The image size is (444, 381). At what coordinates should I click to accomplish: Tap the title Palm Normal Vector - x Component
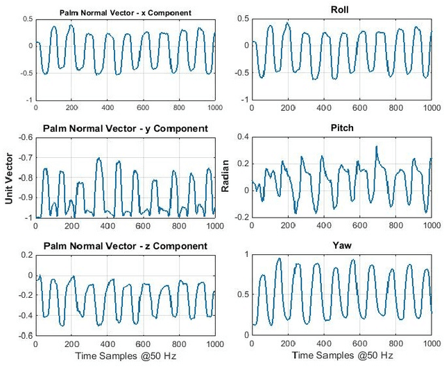(125, 12)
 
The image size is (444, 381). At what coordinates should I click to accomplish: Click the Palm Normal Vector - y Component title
(125, 129)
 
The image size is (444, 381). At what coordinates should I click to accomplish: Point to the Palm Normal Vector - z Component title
(125, 246)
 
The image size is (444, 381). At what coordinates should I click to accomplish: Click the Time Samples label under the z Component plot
(125, 356)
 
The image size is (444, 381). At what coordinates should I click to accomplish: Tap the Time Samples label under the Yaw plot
(342, 356)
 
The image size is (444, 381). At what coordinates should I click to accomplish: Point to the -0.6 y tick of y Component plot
(24, 138)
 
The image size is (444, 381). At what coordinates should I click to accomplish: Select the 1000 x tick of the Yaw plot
(432, 344)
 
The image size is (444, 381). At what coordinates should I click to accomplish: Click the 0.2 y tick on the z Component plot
(26, 256)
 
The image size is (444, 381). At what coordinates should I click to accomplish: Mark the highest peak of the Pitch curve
(377, 146)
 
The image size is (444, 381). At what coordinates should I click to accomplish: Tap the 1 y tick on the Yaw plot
(246, 256)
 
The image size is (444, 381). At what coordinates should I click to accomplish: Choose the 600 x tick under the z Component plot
(144, 344)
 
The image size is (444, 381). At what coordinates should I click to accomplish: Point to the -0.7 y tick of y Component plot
(24, 158)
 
